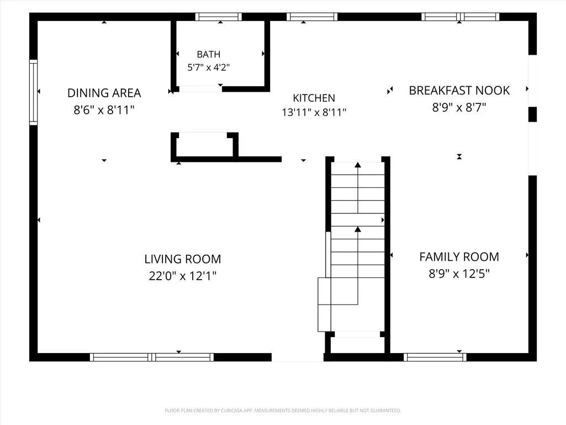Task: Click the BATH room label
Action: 209,54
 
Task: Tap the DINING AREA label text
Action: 104,93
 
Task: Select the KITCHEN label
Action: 314,98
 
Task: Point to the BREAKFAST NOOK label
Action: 459,90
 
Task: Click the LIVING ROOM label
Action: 183,259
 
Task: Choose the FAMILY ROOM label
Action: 459,257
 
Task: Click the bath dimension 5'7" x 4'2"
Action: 209,67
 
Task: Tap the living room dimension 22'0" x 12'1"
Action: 183,276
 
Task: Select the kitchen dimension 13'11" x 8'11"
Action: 314,112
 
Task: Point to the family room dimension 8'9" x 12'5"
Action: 459,274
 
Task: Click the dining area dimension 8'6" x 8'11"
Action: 104,110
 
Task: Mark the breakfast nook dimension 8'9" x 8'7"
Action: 459,107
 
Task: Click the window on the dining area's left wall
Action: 33,92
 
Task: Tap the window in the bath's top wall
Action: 218,17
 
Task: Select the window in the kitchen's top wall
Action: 312,17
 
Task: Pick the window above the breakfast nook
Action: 460,17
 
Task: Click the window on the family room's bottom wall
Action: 435,358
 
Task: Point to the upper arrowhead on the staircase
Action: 358,165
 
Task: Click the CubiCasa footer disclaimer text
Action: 283,411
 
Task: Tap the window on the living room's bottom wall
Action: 152,358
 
